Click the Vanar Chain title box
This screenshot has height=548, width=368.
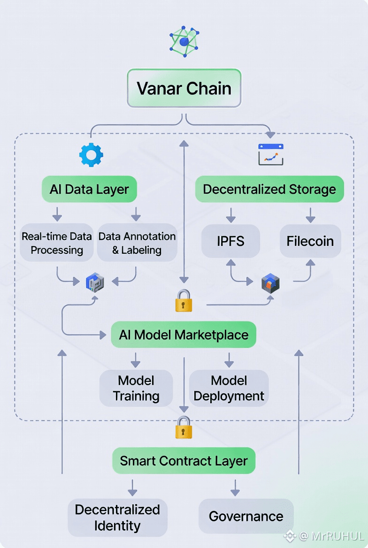click(x=184, y=88)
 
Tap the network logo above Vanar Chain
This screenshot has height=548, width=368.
click(x=184, y=42)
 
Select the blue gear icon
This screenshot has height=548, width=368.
click(x=91, y=155)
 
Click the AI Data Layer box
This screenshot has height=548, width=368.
click(x=89, y=190)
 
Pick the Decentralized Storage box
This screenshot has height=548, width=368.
click(x=269, y=190)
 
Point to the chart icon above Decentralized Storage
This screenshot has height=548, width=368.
click(x=271, y=154)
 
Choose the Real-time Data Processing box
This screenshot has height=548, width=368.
click(x=57, y=243)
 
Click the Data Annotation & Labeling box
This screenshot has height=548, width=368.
click(x=137, y=243)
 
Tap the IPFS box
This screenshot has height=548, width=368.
click(x=230, y=241)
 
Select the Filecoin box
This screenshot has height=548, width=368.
click(x=310, y=241)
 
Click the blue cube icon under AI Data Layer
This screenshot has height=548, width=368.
click(x=95, y=282)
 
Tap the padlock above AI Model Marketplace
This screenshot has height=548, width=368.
click(x=184, y=301)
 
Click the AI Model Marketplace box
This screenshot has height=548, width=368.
click(x=184, y=335)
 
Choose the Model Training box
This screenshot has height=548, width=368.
click(x=136, y=388)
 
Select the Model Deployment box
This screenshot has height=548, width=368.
click(x=229, y=388)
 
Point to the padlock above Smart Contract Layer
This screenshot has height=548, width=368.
click(x=184, y=427)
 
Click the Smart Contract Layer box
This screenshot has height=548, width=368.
click(x=184, y=461)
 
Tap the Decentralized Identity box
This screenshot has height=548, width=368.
click(x=117, y=518)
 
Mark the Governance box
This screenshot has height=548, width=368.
click(x=246, y=517)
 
